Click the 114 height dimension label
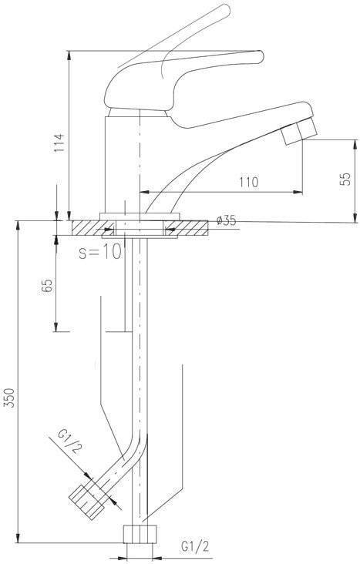(59, 142)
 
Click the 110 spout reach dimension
(249, 182)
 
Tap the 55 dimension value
(345, 179)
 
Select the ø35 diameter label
(227, 220)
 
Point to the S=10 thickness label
(100, 253)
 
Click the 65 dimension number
(47, 287)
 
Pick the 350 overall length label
(10, 398)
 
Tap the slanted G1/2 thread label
(69, 441)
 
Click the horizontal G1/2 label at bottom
(195, 546)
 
